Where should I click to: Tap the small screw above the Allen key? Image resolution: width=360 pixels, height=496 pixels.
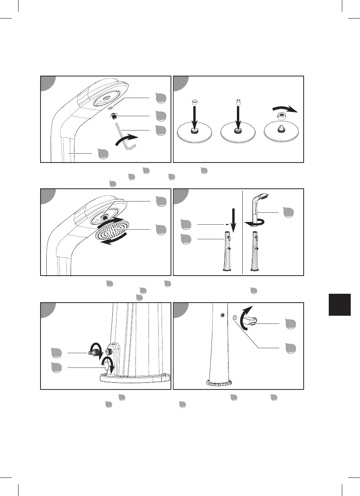[x=113, y=116]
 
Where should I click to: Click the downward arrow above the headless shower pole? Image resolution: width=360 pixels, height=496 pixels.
[x=232, y=220]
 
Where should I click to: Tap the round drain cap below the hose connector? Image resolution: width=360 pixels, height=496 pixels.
[x=107, y=364]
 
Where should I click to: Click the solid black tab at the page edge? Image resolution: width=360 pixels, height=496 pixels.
[x=340, y=305]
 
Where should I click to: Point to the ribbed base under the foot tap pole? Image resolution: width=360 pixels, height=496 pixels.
[x=219, y=383]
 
